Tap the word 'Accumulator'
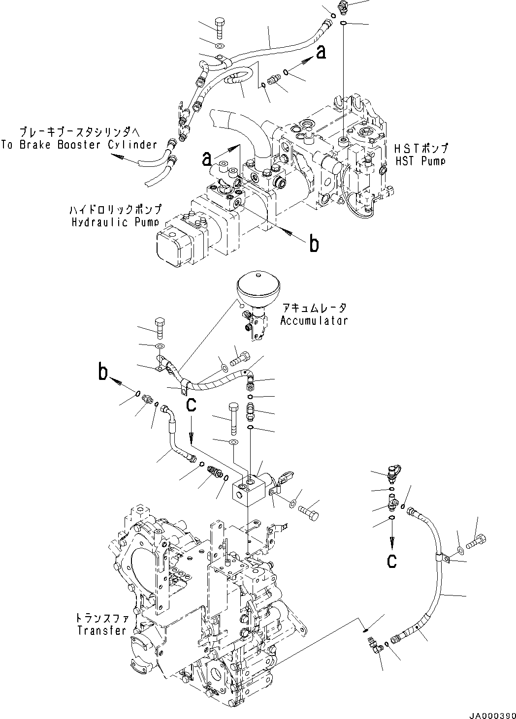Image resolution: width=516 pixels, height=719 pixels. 314,320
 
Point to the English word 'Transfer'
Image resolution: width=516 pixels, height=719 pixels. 101,630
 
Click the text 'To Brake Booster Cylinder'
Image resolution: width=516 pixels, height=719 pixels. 79,145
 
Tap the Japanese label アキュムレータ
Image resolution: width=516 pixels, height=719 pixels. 314,309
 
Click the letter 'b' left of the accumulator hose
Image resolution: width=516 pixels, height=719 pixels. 103,373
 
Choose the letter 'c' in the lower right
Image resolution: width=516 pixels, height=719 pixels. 391,560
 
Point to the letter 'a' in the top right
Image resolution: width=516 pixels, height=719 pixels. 321,52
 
